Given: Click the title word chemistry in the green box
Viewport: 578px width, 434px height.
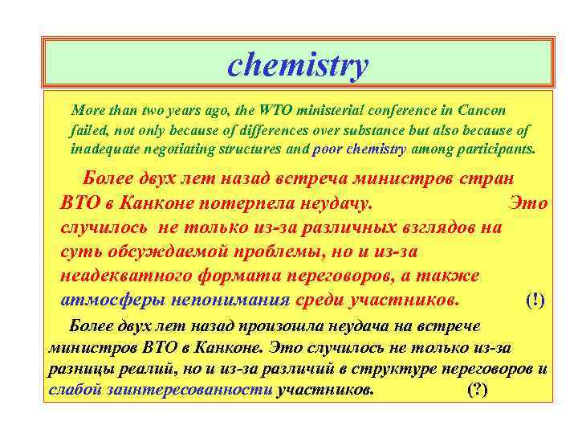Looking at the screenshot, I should click(298, 65).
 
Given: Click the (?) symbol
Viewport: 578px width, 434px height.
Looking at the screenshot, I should click(478, 391).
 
